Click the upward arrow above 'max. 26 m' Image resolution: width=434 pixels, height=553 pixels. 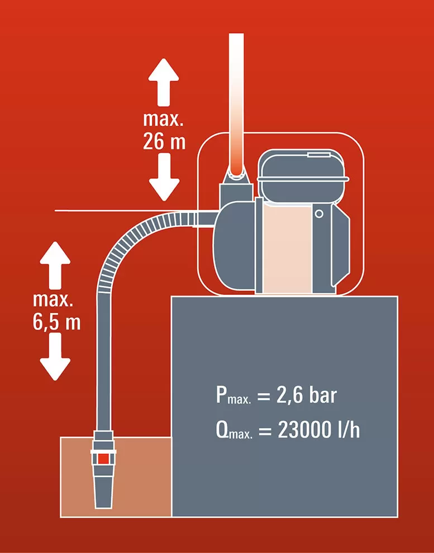click(164, 82)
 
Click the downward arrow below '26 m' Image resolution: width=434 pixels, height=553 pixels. click(164, 178)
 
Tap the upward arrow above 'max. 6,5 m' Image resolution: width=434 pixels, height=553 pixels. click(55, 265)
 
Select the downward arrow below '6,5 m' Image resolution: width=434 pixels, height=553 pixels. click(55, 357)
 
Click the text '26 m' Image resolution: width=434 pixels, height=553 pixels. click(164, 142)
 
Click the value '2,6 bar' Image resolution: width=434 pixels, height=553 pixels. click(307, 395)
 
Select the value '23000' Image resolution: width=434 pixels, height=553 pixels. click(304, 430)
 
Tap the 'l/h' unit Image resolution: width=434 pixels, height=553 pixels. click(349, 430)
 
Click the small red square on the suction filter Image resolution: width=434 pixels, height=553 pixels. click(103, 459)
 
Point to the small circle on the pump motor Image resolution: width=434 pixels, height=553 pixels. click(319, 214)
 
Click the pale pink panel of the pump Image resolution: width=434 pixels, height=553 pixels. click(287, 248)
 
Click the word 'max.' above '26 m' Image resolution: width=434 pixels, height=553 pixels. click(163, 120)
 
